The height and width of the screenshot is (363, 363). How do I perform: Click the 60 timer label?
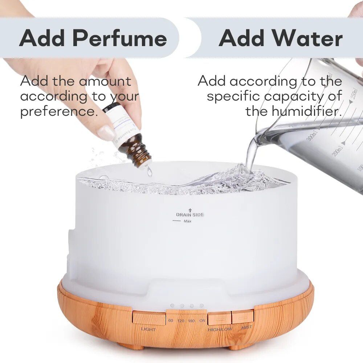coord(171,321)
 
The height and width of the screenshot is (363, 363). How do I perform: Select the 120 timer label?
coord(181,321)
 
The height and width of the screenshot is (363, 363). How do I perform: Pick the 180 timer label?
coord(192,321)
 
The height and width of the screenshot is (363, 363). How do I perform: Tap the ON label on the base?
coord(202,321)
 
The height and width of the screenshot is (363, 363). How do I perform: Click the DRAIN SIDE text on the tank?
coord(190,215)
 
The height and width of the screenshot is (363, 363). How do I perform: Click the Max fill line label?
coord(187,221)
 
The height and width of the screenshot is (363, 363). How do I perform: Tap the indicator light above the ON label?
coord(201,306)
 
